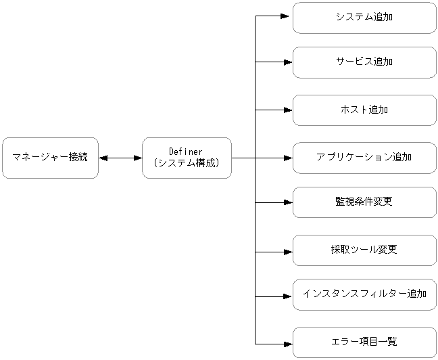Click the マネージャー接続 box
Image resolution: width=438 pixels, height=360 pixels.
(x=50, y=158)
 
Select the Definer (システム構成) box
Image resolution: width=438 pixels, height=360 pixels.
(x=187, y=158)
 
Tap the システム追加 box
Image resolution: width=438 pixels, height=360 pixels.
(x=364, y=18)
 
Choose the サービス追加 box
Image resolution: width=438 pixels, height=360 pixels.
(x=364, y=62)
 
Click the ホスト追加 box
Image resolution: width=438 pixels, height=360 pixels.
(x=364, y=110)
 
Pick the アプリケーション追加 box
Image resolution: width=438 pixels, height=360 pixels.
(x=364, y=158)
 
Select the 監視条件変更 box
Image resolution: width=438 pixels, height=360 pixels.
(x=364, y=202)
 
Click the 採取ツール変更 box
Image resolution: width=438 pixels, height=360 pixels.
(x=364, y=250)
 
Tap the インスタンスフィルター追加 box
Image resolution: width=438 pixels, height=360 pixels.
(x=364, y=295)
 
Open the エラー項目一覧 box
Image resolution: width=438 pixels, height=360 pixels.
(x=364, y=343)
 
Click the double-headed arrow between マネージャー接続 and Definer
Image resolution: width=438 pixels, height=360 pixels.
(x=120, y=158)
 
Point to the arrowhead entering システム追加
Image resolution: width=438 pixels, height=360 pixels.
(x=288, y=18)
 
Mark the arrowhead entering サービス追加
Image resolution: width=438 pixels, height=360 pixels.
(x=288, y=62)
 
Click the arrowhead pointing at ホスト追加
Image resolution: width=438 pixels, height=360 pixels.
(x=288, y=110)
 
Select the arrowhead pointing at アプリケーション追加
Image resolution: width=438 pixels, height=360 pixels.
(x=288, y=158)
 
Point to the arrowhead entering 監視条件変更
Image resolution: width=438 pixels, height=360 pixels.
(x=288, y=202)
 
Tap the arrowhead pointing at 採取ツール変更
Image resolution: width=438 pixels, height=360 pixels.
(x=288, y=251)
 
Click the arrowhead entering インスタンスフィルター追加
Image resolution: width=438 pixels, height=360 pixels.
(x=288, y=296)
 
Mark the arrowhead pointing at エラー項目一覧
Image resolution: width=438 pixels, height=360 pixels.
(x=288, y=344)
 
